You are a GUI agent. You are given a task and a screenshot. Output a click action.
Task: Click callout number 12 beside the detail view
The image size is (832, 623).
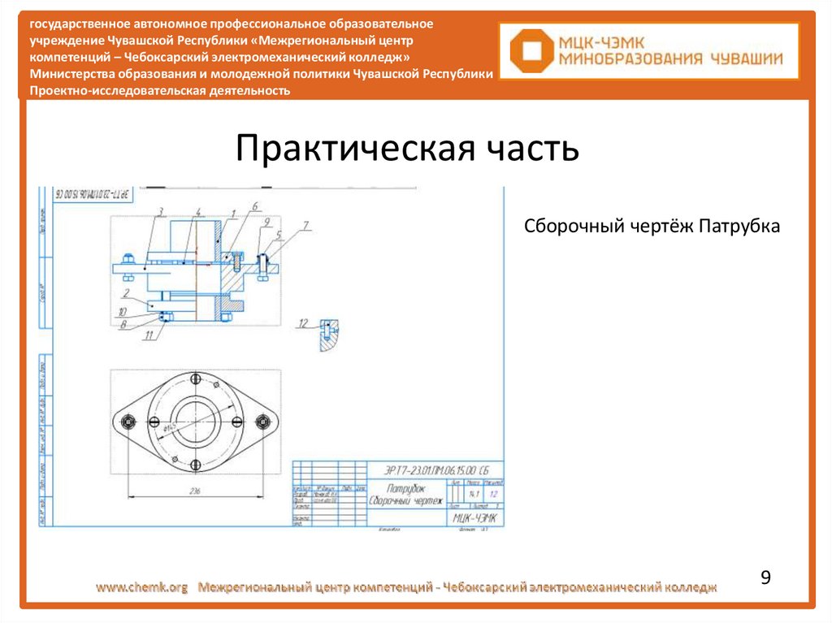point(303,323)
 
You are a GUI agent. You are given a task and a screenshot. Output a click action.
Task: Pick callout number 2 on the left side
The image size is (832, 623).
point(127,291)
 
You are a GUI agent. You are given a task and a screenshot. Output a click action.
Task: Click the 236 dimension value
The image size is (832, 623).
point(195,491)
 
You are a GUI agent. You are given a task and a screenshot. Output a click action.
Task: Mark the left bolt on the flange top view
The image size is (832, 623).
point(128,421)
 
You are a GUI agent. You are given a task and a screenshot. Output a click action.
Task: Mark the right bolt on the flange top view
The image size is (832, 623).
point(262,421)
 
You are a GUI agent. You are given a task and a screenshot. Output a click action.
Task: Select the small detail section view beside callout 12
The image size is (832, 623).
point(327,335)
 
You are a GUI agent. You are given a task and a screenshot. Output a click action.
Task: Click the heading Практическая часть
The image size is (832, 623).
point(407,149)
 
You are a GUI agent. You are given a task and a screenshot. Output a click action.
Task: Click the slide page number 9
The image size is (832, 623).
point(765,578)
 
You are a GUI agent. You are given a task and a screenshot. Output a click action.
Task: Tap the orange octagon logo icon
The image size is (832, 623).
point(526,50)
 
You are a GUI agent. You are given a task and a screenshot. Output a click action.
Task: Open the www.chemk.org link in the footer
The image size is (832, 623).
point(142,586)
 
